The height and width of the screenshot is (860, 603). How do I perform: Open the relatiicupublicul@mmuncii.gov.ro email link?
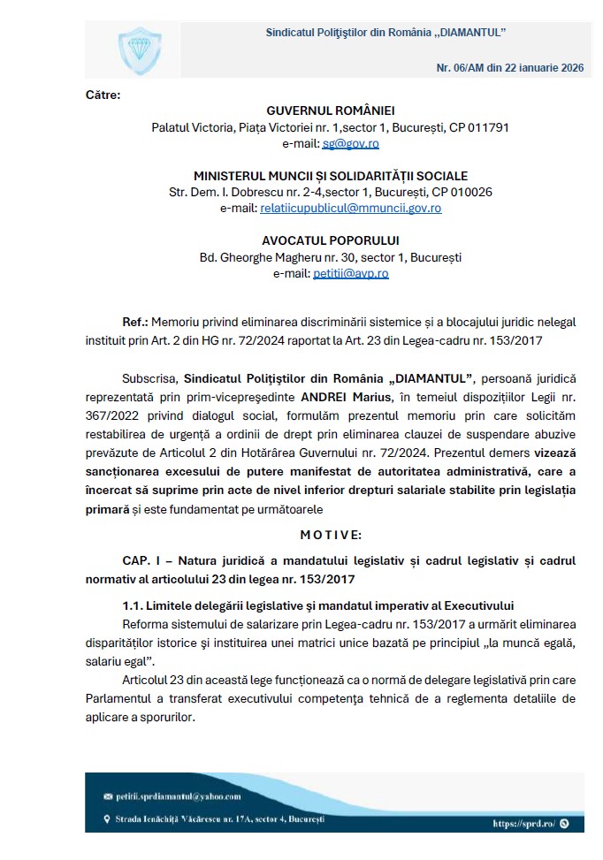(350, 208)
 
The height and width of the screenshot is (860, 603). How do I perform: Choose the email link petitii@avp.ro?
(350, 273)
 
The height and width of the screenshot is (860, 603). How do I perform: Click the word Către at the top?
(103, 94)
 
